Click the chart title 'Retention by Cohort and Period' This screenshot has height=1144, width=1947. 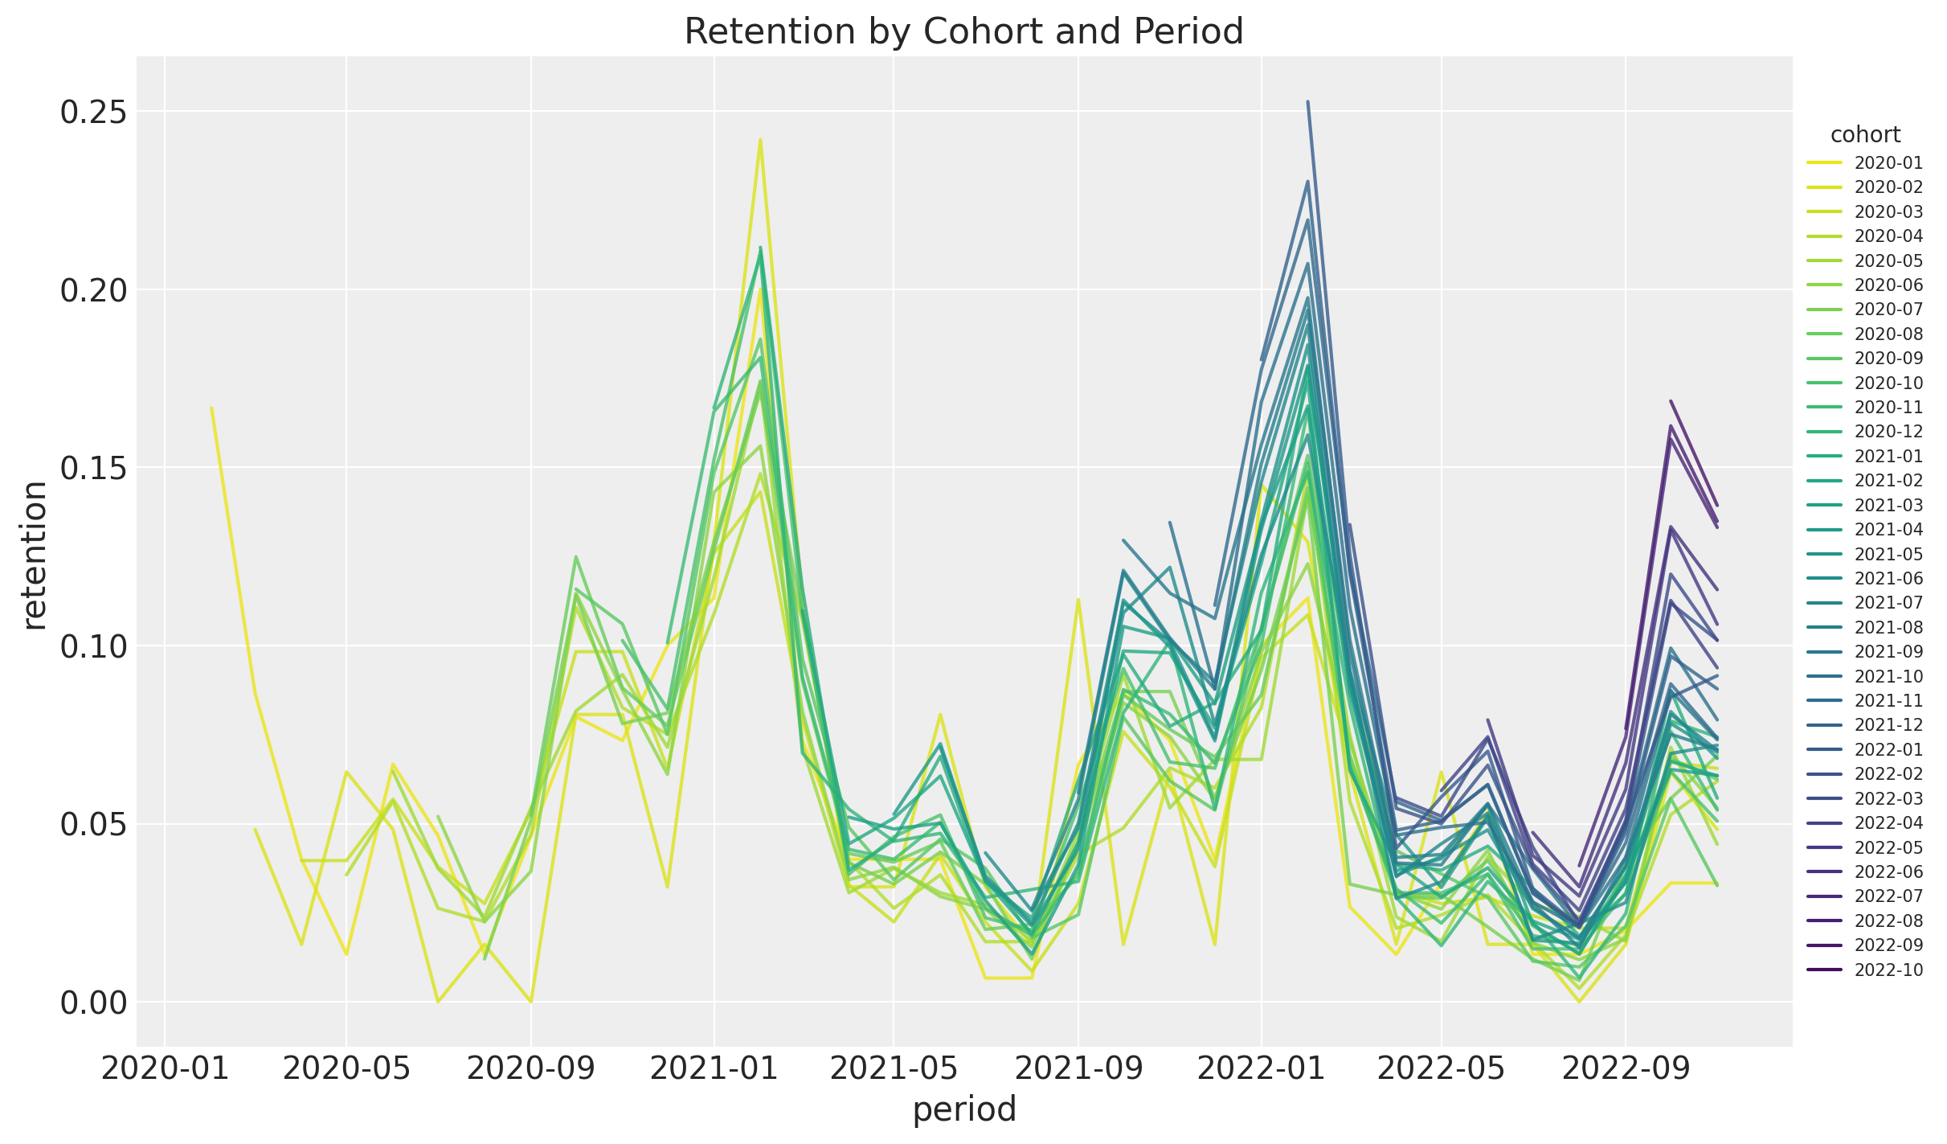[963, 32]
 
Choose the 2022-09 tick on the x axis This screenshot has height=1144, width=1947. [1626, 1070]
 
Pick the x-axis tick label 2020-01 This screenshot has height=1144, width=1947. [164, 1070]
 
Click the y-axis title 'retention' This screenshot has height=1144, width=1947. [34, 555]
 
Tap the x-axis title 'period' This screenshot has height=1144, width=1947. [964, 1109]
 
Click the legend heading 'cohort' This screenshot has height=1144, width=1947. [1865, 134]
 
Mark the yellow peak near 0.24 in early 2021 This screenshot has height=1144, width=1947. [760, 140]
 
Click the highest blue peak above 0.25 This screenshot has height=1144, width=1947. [1308, 102]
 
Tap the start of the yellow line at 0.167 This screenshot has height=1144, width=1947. [211, 408]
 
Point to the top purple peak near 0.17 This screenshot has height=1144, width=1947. [1671, 400]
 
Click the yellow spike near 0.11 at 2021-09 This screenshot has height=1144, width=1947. [1078, 599]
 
